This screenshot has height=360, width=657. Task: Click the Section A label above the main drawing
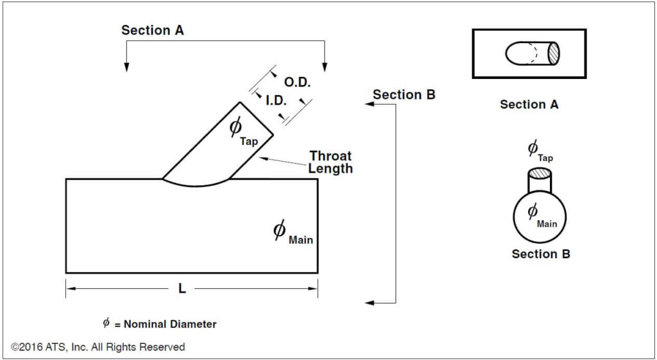click(x=153, y=30)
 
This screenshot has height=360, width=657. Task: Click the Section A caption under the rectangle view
click(x=529, y=105)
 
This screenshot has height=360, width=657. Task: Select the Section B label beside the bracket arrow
click(x=404, y=95)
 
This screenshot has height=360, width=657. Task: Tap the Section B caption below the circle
click(x=541, y=254)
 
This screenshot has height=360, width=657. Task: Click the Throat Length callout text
click(x=330, y=162)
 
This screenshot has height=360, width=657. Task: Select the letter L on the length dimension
click(x=182, y=289)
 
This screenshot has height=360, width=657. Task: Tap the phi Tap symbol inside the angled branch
click(x=243, y=131)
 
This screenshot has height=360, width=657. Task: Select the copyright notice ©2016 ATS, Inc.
click(x=98, y=347)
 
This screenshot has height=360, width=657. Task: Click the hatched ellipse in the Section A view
click(x=552, y=53)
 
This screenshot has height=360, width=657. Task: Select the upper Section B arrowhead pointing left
click(x=368, y=104)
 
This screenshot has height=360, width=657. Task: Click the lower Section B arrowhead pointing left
click(x=368, y=302)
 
